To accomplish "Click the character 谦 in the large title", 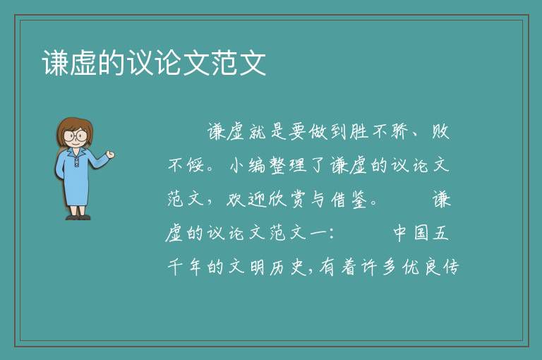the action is (55, 63).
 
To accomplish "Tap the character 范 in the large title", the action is (224, 63).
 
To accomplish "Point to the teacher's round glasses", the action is (75, 135).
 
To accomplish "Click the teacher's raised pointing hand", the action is (110, 155).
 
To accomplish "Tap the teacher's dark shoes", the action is (78, 217).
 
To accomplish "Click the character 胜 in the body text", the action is (359, 131).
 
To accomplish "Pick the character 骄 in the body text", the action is (400, 131).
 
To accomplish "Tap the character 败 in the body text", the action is (440, 131).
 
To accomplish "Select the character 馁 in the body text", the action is (196, 165).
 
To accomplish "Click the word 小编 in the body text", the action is (248, 165).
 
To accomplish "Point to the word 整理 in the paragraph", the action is (288, 165).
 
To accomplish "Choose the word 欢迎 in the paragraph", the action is (247, 200).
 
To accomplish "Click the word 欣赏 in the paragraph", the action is (287, 200).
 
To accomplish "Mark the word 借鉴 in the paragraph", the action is (349, 200).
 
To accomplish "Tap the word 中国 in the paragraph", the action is (411, 233).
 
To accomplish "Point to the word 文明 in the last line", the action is (247, 267).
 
